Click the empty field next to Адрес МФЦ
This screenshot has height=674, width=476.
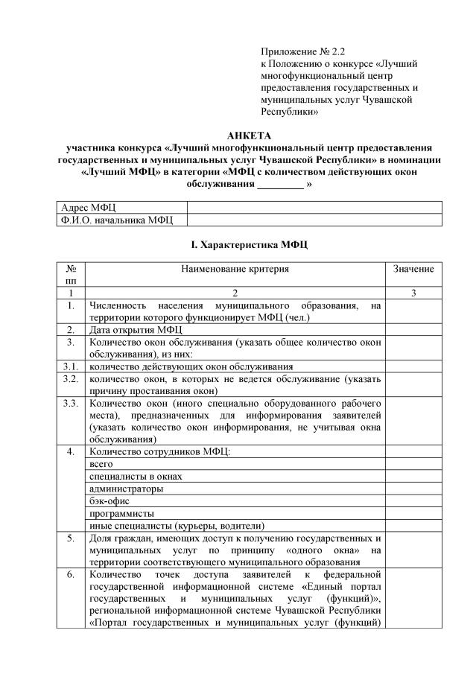(314, 207)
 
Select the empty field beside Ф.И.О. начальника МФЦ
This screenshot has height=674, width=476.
(314, 219)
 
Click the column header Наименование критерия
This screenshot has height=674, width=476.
(235, 268)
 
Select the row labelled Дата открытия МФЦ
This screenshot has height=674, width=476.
(131, 330)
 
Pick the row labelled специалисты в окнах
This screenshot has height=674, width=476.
(135, 476)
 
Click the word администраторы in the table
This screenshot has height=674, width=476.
(126, 489)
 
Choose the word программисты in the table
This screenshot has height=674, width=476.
(121, 513)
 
